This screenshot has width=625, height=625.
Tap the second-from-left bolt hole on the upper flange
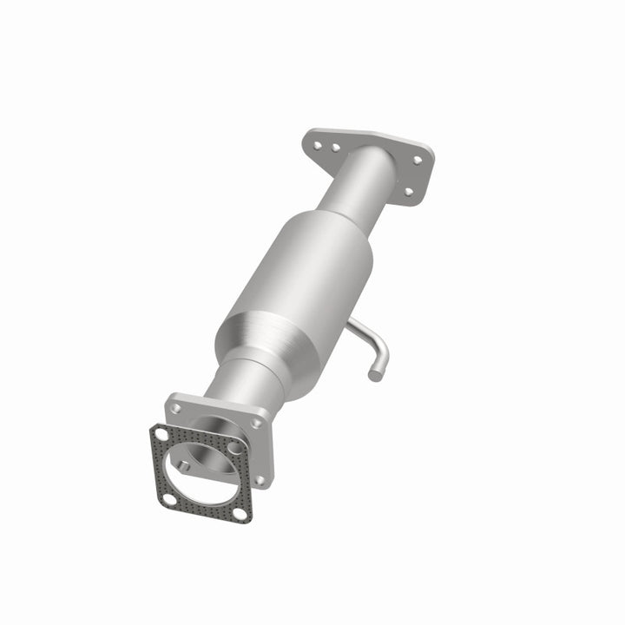(x=336, y=148)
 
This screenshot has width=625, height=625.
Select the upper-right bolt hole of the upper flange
(x=418, y=161)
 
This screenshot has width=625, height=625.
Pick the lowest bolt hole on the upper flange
(x=407, y=192)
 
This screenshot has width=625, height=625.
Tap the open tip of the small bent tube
(x=375, y=375)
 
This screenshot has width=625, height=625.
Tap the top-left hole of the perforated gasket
(x=160, y=434)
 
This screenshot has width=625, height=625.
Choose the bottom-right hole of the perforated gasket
(x=240, y=514)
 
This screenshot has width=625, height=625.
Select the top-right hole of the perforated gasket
(x=235, y=449)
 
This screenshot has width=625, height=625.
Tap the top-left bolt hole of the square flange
(x=175, y=407)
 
